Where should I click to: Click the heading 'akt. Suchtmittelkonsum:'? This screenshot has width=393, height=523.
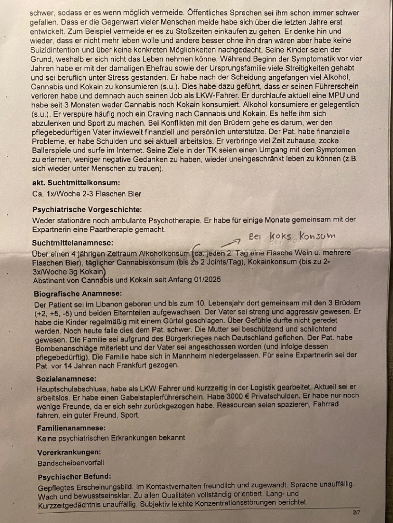tap(76, 183)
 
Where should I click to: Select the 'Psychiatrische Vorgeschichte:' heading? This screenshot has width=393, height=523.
tap(87, 209)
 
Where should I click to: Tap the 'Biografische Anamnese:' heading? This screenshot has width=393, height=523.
tap(78, 294)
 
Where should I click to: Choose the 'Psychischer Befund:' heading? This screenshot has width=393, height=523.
tap(74, 477)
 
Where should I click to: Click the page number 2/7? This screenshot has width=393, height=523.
tap(356, 513)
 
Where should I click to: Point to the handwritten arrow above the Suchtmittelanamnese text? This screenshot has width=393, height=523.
tap(231, 243)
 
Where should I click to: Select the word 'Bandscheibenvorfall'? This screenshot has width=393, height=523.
tap(71, 463)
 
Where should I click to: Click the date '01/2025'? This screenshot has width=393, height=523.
tap(207, 280)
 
